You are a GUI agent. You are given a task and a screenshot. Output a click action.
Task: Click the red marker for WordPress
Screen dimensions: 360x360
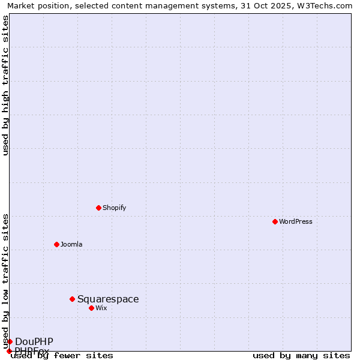[275, 221]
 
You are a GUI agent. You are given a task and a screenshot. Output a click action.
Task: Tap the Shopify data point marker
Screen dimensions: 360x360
[98, 208]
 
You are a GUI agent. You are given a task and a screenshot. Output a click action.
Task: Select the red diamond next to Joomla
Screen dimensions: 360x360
[56, 244]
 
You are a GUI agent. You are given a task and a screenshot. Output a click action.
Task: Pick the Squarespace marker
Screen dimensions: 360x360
[72, 299]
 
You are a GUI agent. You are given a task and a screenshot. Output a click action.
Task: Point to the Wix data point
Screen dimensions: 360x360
[91, 308]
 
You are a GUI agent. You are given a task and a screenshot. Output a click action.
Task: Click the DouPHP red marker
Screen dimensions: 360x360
[10, 341]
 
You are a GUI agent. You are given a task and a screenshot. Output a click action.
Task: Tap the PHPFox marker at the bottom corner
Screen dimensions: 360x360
[9, 351]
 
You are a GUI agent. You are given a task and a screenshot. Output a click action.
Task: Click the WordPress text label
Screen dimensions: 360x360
[296, 221]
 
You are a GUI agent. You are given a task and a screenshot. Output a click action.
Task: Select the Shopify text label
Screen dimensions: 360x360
[114, 208]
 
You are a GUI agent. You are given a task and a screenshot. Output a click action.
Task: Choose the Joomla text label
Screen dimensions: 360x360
[71, 244]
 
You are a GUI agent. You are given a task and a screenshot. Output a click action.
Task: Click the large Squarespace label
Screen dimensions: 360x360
[108, 299]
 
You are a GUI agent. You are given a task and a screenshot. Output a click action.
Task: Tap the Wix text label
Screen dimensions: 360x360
[101, 308]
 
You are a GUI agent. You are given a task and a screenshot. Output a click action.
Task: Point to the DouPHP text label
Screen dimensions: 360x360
[34, 341]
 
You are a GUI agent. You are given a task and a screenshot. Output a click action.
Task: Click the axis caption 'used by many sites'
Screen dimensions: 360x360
[301, 355]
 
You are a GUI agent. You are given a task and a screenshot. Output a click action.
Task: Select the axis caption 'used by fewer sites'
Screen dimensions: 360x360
[62, 355]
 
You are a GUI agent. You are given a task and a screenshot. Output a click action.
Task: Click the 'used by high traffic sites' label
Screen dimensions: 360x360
[5, 86]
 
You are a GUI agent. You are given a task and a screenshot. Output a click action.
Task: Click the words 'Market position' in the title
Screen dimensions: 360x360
[35, 5]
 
